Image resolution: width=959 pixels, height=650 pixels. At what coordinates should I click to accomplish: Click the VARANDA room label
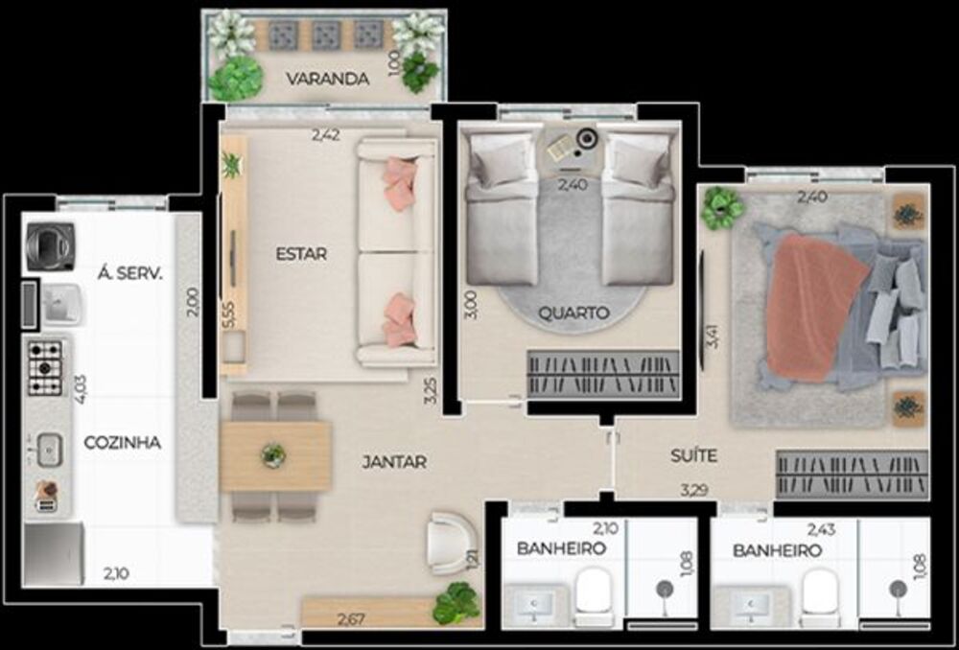point(328,79)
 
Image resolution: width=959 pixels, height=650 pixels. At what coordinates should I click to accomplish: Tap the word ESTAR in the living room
point(301,254)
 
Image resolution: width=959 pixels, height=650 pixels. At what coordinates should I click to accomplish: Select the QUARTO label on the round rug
point(573,313)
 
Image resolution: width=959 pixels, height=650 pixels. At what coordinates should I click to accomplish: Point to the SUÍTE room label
point(693,456)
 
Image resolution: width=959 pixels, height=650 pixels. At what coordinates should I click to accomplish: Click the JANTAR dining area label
point(394,462)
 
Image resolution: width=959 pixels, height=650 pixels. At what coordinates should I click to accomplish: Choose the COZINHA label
point(122,443)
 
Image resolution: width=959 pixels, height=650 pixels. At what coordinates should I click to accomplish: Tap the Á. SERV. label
point(129,273)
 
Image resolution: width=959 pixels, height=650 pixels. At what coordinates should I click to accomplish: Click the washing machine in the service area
point(50,245)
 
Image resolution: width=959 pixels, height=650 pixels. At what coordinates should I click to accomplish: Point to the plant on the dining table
point(273,454)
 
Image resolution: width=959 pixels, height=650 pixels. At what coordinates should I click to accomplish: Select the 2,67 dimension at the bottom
point(352,620)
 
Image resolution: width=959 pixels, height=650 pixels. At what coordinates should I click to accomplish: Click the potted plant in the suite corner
point(722,207)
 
